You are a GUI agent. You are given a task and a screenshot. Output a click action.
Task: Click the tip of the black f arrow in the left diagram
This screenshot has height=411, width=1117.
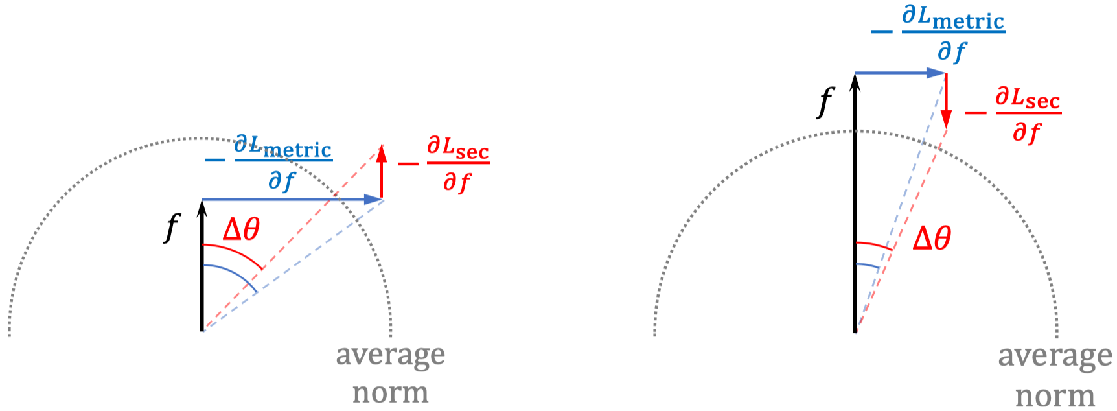click(203, 200)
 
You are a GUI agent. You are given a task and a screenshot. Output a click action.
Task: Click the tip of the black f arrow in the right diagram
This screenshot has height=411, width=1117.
click(855, 73)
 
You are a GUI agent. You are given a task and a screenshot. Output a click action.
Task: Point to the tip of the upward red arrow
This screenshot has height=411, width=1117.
click(382, 145)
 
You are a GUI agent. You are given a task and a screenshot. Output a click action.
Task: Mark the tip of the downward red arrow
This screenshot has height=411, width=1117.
click(947, 128)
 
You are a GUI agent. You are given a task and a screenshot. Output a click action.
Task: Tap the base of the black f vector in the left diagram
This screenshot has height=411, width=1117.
click(203, 331)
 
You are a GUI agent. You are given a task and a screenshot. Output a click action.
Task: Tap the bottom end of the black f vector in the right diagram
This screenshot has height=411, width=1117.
click(855, 331)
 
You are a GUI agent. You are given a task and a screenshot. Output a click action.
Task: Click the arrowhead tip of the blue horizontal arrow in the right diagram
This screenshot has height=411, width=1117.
click(946, 73)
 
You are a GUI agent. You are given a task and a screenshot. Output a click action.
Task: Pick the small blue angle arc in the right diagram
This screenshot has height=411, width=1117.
click(868, 265)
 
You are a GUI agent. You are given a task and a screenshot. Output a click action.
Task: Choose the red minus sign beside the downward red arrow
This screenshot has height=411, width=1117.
click(976, 113)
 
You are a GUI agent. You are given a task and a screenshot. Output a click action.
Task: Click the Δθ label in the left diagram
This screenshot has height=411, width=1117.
click(241, 229)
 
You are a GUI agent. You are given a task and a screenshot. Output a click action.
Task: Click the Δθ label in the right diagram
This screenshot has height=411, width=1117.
click(932, 239)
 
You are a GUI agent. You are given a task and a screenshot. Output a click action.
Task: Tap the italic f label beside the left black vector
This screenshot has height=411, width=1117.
click(172, 228)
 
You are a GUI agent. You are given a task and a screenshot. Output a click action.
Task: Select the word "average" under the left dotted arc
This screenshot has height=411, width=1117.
click(391, 355)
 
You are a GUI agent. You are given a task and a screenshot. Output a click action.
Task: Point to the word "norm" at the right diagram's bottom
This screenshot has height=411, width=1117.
click(1055, 395)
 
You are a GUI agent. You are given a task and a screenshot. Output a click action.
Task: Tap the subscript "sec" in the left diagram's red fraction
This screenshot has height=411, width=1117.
click(472, 152)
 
